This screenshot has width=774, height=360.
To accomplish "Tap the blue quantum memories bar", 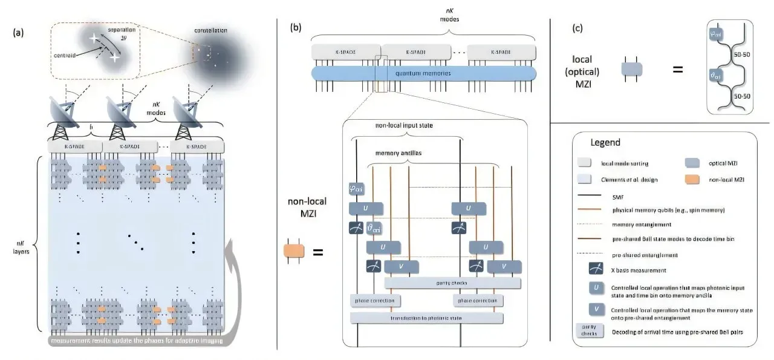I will point(423,73).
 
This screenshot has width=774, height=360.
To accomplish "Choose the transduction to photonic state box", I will point(426,317).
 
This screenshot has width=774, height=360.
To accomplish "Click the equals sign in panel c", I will point(677,70).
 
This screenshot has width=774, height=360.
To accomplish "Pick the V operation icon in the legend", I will point(596,310).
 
